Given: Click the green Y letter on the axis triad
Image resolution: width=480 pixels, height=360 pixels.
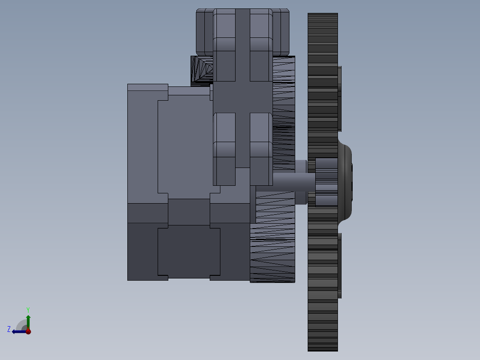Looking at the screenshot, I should point(28,309).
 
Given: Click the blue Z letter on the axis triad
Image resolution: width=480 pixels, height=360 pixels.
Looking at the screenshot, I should point(9,329).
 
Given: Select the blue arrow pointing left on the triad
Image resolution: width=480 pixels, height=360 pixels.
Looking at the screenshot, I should point(18,331).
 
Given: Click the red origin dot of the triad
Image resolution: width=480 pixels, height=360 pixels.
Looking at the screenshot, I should point(28,331).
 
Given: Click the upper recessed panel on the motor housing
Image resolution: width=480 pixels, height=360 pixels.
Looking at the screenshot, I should point(184,149).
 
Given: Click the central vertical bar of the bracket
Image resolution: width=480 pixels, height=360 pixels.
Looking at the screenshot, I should point(243,89).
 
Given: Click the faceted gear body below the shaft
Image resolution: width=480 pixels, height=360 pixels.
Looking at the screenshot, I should point(273,250).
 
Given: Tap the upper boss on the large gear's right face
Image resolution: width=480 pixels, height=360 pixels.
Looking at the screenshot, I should point(340,98).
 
